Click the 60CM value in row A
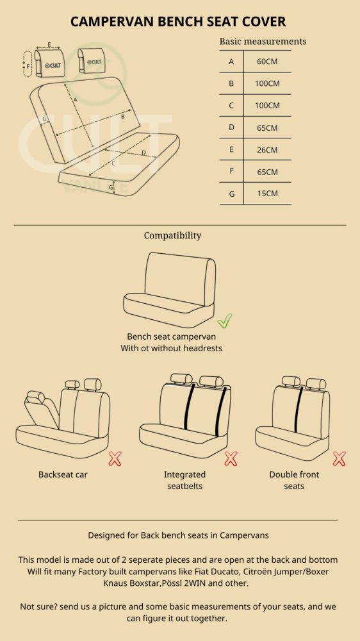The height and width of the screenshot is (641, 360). pos(267,62)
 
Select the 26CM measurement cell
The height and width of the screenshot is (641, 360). pos(267,149)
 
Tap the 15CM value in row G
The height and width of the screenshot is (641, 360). pos(267,194)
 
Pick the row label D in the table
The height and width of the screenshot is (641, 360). pos(231,128)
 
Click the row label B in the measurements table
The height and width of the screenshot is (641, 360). pos(231,83)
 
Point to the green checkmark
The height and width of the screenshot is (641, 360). pos(224,320)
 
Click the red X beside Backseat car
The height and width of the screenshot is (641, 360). pos(115,459)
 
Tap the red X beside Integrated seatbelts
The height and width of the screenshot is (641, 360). pos(231,459)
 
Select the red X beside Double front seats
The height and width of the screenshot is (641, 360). pos(339,459)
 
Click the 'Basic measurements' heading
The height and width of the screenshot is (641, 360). pos(263,41)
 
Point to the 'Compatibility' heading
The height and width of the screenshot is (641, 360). pos(172,235)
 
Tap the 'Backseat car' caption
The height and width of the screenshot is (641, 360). pos(63,474)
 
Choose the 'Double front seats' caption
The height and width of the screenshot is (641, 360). pos(294,480)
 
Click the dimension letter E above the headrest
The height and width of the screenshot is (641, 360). pos(49,44)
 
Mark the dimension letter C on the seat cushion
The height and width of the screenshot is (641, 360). pos(113,163)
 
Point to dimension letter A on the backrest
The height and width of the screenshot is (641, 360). pos(75,99)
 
